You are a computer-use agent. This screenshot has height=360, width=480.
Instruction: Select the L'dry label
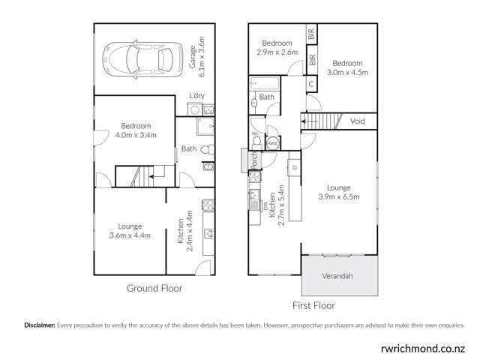[x=197, y=95]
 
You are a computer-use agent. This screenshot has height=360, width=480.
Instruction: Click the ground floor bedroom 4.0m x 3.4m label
[x=132, y=130]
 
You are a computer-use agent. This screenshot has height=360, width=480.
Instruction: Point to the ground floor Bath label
[x=188, y=148]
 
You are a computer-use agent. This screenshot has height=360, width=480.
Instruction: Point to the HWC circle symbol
[x=274, y=142]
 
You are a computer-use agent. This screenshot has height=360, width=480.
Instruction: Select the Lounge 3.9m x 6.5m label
[x=338, y=193]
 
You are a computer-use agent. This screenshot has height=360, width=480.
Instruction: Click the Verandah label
[x=337, y=276]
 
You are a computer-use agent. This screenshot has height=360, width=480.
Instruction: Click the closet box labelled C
[x=310, y=84]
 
